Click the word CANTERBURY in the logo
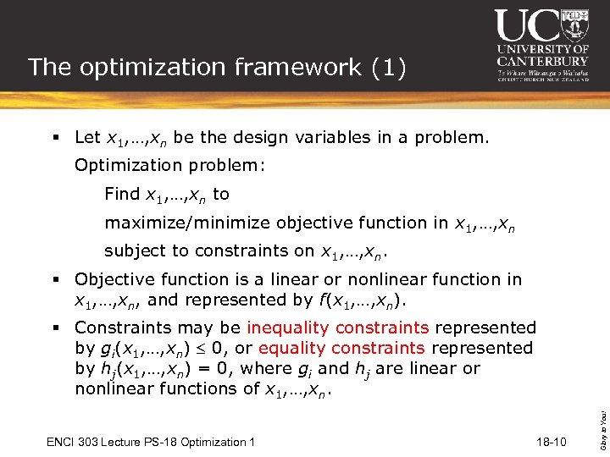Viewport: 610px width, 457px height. point(543,61)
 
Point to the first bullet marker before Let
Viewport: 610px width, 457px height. point(55,137)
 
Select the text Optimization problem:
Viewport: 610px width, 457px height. point(170,166)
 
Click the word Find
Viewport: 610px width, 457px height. point(122,194)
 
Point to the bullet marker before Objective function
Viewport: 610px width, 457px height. point(55,279)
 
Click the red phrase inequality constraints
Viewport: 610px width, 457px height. point(337,328)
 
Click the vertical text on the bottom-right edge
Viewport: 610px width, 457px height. point(602,411)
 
